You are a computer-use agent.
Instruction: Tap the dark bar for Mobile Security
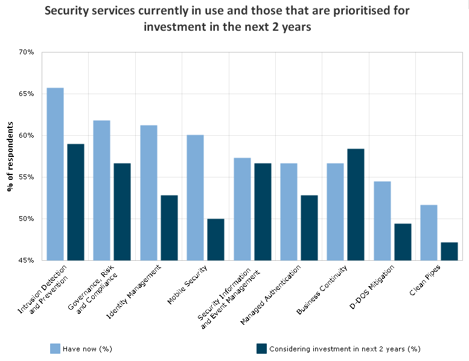tap(216, 239)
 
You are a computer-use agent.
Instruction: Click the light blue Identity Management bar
tap(148, 193)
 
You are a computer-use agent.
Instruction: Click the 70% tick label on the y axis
tap(25, 53)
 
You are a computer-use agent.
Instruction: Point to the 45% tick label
tap(25, 260)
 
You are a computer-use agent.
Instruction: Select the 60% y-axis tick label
tap(25, 136)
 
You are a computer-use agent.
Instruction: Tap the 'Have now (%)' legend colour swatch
tap(55, 348)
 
